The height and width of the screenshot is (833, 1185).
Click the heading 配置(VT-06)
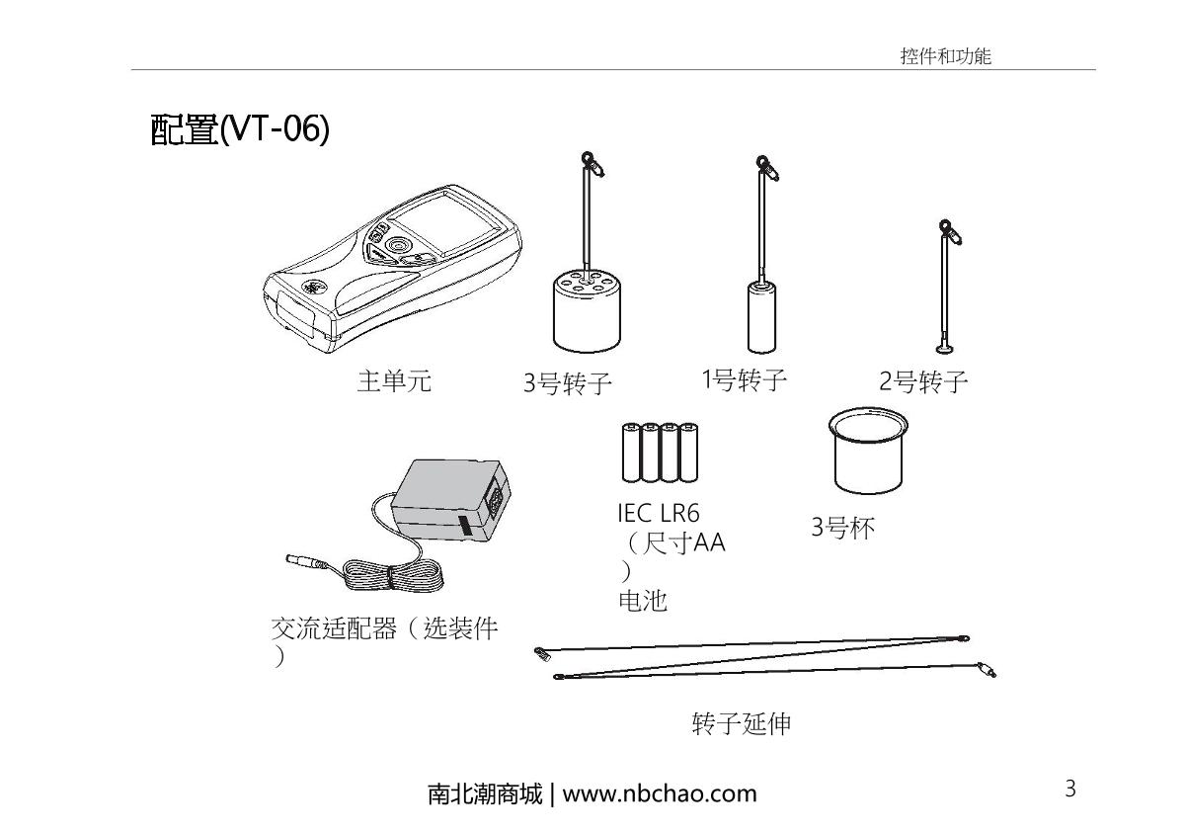click(239, 129)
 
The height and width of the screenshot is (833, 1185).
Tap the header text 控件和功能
click(944, 56)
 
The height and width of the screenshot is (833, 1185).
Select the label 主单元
click(393, 381)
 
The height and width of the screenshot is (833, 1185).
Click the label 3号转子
click(568, 383)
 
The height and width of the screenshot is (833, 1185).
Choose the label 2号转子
click(923, 382)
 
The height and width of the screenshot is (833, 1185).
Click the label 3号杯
click(842, 528)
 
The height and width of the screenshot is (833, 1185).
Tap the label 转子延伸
click(741, 724)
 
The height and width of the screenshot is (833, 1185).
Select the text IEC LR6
click(658, 514)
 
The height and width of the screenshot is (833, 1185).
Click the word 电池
click(642, 600)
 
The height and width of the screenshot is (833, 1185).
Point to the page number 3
click(1069, 789)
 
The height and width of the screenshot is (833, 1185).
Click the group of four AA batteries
click(659, 453)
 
